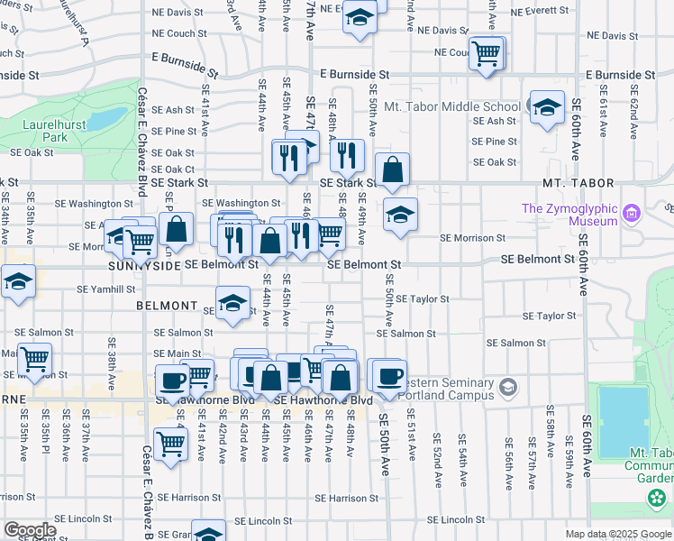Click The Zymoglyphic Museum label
[570, 215]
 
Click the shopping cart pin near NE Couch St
[487, 53]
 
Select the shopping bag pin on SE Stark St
[393, 170]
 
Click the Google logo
[30, 530]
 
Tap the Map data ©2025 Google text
[617, 534]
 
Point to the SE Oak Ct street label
[173, 169]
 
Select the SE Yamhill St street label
[105, 289]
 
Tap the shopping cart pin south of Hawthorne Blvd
[169, 444]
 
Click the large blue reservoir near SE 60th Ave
[623, 421]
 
